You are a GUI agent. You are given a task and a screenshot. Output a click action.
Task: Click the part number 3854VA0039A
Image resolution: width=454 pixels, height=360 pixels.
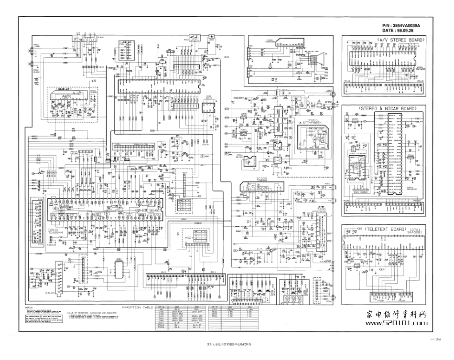(410, 25)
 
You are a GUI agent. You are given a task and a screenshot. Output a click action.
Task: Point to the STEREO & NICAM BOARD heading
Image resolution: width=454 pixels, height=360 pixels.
(382, 109)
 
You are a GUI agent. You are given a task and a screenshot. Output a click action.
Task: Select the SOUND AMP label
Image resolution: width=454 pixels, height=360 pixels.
(66, 89)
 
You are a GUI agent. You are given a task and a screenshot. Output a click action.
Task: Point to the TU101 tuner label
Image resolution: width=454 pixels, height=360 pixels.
(50, 292)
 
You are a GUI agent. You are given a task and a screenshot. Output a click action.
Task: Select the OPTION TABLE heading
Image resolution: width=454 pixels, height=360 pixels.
(138, 307)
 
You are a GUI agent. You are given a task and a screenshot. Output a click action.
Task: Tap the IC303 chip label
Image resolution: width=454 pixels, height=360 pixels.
(263, 179)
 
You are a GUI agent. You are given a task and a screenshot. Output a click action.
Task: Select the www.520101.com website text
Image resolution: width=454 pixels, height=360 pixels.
(396, 323)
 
